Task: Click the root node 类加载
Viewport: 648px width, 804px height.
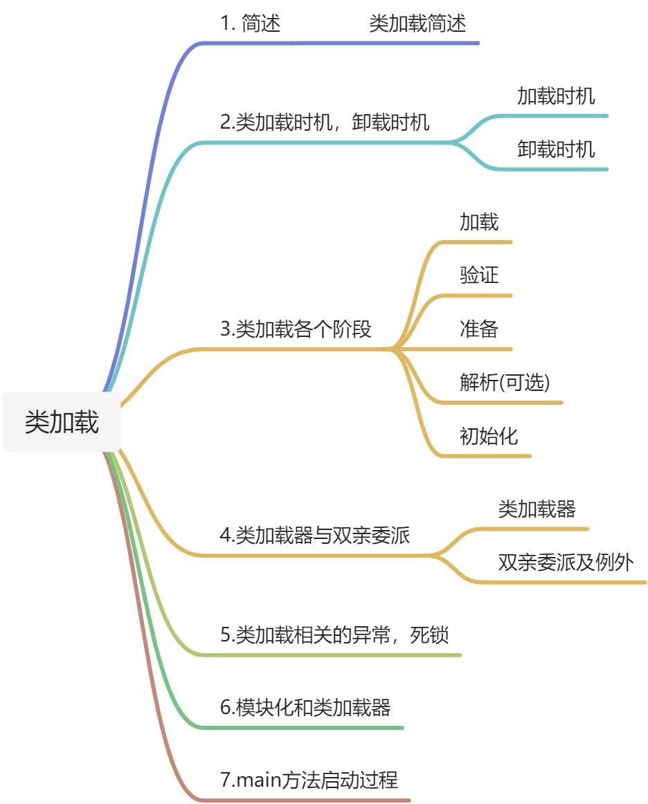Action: (x=62, y=422)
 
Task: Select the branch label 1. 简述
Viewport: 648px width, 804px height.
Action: (x=251, y=24)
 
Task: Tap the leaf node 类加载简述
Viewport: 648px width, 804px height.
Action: (x=417, y=24)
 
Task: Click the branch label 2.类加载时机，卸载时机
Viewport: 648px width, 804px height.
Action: (x=325, y=122)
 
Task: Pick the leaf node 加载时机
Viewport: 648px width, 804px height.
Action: (x=556, y=96)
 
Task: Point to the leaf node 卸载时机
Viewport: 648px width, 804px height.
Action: (x=556, y=149)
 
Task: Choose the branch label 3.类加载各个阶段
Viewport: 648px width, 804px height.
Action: (x=296, y=329)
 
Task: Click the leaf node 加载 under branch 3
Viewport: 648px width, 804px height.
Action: (x=479, y=222)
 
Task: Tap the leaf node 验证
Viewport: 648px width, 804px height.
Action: (x=479, y=275)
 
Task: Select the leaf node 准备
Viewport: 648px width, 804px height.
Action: (x=479, y=329)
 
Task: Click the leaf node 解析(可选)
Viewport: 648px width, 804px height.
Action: (x=505, y=382)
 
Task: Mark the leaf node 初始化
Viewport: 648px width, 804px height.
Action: (x=489, y=436)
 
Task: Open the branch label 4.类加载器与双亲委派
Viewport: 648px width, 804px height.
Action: (x=315, y=536)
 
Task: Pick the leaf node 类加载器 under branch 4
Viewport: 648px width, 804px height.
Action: (x=537, y=509)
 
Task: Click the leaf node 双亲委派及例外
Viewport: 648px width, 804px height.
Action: (x=566, y=563)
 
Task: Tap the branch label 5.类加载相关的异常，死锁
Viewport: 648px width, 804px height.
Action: (x=334, y=635)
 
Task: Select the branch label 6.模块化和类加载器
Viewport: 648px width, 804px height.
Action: (x=305, y=708)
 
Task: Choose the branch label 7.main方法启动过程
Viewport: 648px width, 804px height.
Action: (x=309, y=780)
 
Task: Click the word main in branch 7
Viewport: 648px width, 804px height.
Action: (x=258, y=780)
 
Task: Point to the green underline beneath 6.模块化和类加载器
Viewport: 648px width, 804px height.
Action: (x=300, y=728)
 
